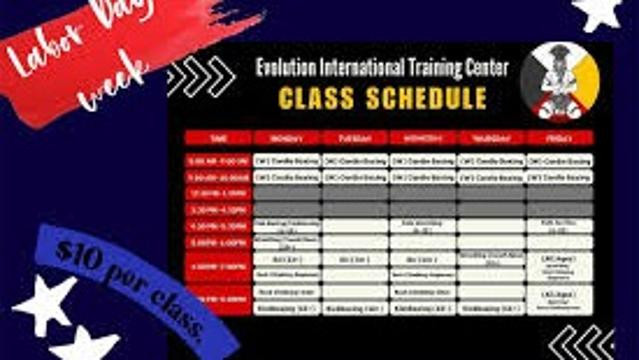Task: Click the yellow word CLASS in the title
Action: pyautogui.click(x=324, y=99)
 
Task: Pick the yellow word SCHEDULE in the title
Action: pyautogui.click(x=427, y=99)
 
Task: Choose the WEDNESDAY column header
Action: pyautogui.click(x=423, y=137)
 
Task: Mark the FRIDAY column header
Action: pyautogui.click(x=559, y=137)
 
